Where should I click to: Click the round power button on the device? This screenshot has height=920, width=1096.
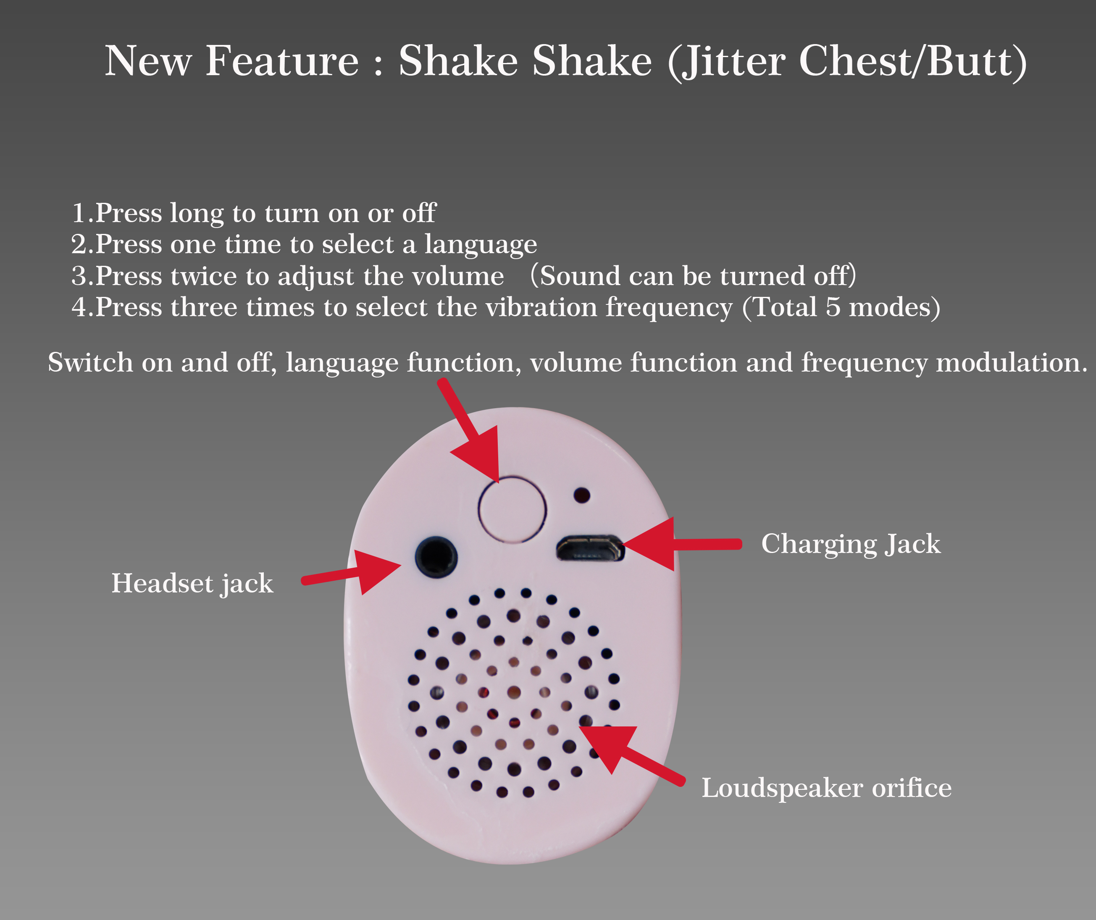[x=512, y=509]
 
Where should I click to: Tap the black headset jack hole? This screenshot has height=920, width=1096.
[x=436, y=557]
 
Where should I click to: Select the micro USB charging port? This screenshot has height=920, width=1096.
[x=590, y=548]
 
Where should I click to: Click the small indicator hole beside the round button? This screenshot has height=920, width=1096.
[x=582, y=495]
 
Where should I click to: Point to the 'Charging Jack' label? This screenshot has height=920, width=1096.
[x=851, y=544]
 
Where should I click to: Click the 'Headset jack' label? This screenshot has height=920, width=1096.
[x=192, y=584]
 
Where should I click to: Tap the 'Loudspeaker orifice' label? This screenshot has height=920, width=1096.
[x=826, y=788]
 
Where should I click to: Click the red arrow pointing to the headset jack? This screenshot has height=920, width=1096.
[x=351, y=573]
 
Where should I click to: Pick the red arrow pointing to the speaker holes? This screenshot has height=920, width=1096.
[x=631, y=755]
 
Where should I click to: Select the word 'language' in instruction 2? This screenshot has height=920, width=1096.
[x=480, y=245]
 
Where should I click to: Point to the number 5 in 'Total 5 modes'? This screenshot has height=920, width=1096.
[x=833, y=307]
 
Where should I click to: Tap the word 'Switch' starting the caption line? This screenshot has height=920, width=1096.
[x=90, y=362]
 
